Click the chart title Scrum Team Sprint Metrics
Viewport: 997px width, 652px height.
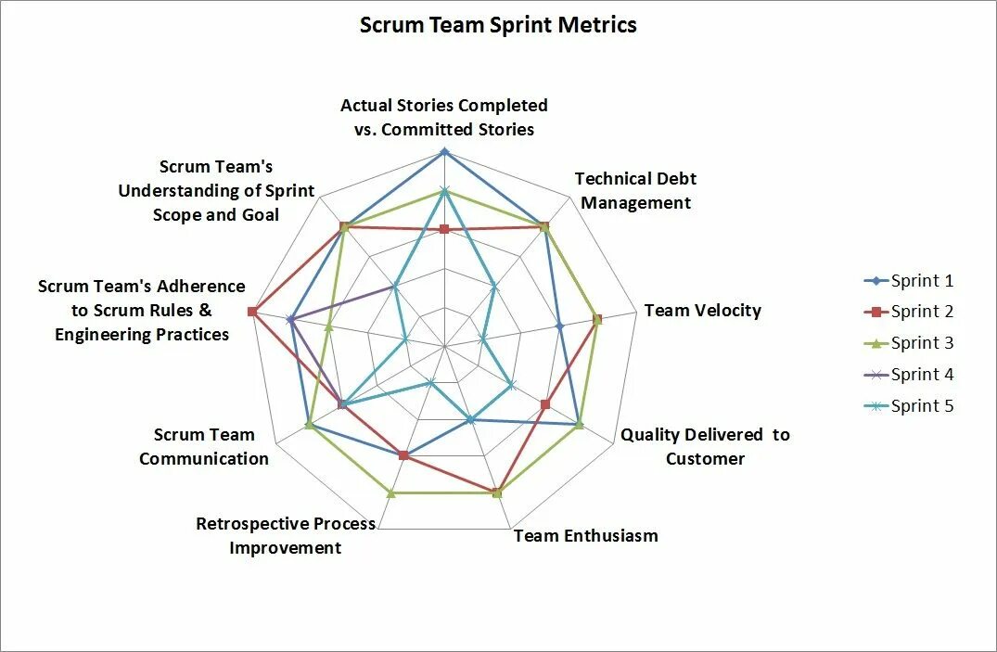pyautogui.click(x=498, y=25)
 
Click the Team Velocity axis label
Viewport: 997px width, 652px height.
pyautogui.click(x=702, y=311)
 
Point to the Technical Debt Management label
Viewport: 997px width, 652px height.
pyautogui.click(x=635, y=190)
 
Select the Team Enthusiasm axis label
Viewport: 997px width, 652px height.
pyautogui.click(x=585, y=535)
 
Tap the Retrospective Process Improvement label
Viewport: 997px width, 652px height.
pyautogui.click(x=286, y=535)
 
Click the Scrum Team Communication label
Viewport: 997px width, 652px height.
pyautogui.click(x=204, y=446)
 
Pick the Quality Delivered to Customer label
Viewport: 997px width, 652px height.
pyautogui.click(x=705, y=446)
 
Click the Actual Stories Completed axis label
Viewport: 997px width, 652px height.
pyautogui.click(x=444, y=118)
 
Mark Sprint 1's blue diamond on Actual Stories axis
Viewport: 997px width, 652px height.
pyautogui.click(x=444, y=151)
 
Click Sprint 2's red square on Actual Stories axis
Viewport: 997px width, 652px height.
pyautogui.click(x=444, y=229)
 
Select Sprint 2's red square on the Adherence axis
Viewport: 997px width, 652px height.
pyautogui.click(x=252, y=312)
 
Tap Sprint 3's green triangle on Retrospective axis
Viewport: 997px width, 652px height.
pyautogui.click(x=390, y=492)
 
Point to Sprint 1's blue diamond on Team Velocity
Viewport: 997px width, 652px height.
pyautogui.click(x=559, y=326)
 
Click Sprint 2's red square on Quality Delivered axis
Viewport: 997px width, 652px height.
pyautogui.click(x=545, y=404)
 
